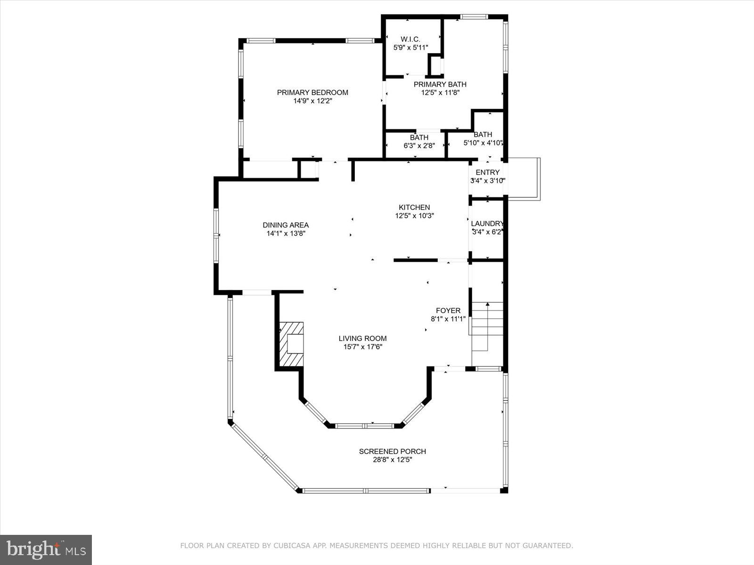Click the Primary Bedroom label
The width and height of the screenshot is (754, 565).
pos(312,92)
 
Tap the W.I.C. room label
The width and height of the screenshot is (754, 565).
pos(410,39)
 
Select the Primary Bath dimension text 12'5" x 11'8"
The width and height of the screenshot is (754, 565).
pos(440,93)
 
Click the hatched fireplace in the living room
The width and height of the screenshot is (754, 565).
pos(292,344)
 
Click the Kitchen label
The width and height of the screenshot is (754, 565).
pos(414,207)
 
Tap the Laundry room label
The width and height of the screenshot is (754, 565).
pos(487,224)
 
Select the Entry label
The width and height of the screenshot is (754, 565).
pos(487,172)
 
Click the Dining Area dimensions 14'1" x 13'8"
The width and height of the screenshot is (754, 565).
pos(286,234)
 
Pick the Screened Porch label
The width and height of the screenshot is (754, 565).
pos(392,451)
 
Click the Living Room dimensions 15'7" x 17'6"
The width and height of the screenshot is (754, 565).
pos(362,347)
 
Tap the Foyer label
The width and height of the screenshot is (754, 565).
pos(448,310)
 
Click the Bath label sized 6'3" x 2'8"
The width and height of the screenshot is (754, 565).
pos(419,137)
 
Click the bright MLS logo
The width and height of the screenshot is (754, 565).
pos(46,549)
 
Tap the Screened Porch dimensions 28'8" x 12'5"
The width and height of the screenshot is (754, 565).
pos(392,460)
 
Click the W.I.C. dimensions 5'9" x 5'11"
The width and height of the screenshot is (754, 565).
pos(410,48)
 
